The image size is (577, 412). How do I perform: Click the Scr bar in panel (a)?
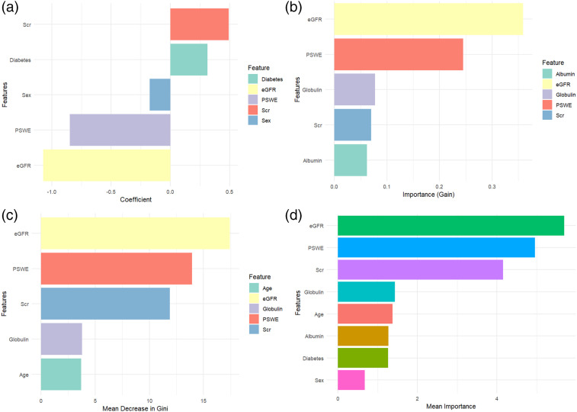pos(199,24)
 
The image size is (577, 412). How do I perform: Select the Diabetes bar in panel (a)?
pos(188,60)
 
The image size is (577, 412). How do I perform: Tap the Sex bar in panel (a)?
pos(160,95)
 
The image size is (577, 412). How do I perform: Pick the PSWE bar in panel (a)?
pos(120,130)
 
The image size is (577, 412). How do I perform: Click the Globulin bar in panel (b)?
pos(354,89)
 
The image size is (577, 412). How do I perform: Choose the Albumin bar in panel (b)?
pos(351,160)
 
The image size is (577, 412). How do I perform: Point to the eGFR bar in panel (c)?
pos(135,233)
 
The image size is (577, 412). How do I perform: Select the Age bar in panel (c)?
pos(61,375)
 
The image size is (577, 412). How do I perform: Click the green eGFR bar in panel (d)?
pos(450,226)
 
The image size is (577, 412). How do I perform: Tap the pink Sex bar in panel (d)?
pos(351,379)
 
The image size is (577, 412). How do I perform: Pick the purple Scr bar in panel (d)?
pos(420,270)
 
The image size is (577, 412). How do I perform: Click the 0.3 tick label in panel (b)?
pos(492,186)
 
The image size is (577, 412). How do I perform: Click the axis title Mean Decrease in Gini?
pos(135,408)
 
